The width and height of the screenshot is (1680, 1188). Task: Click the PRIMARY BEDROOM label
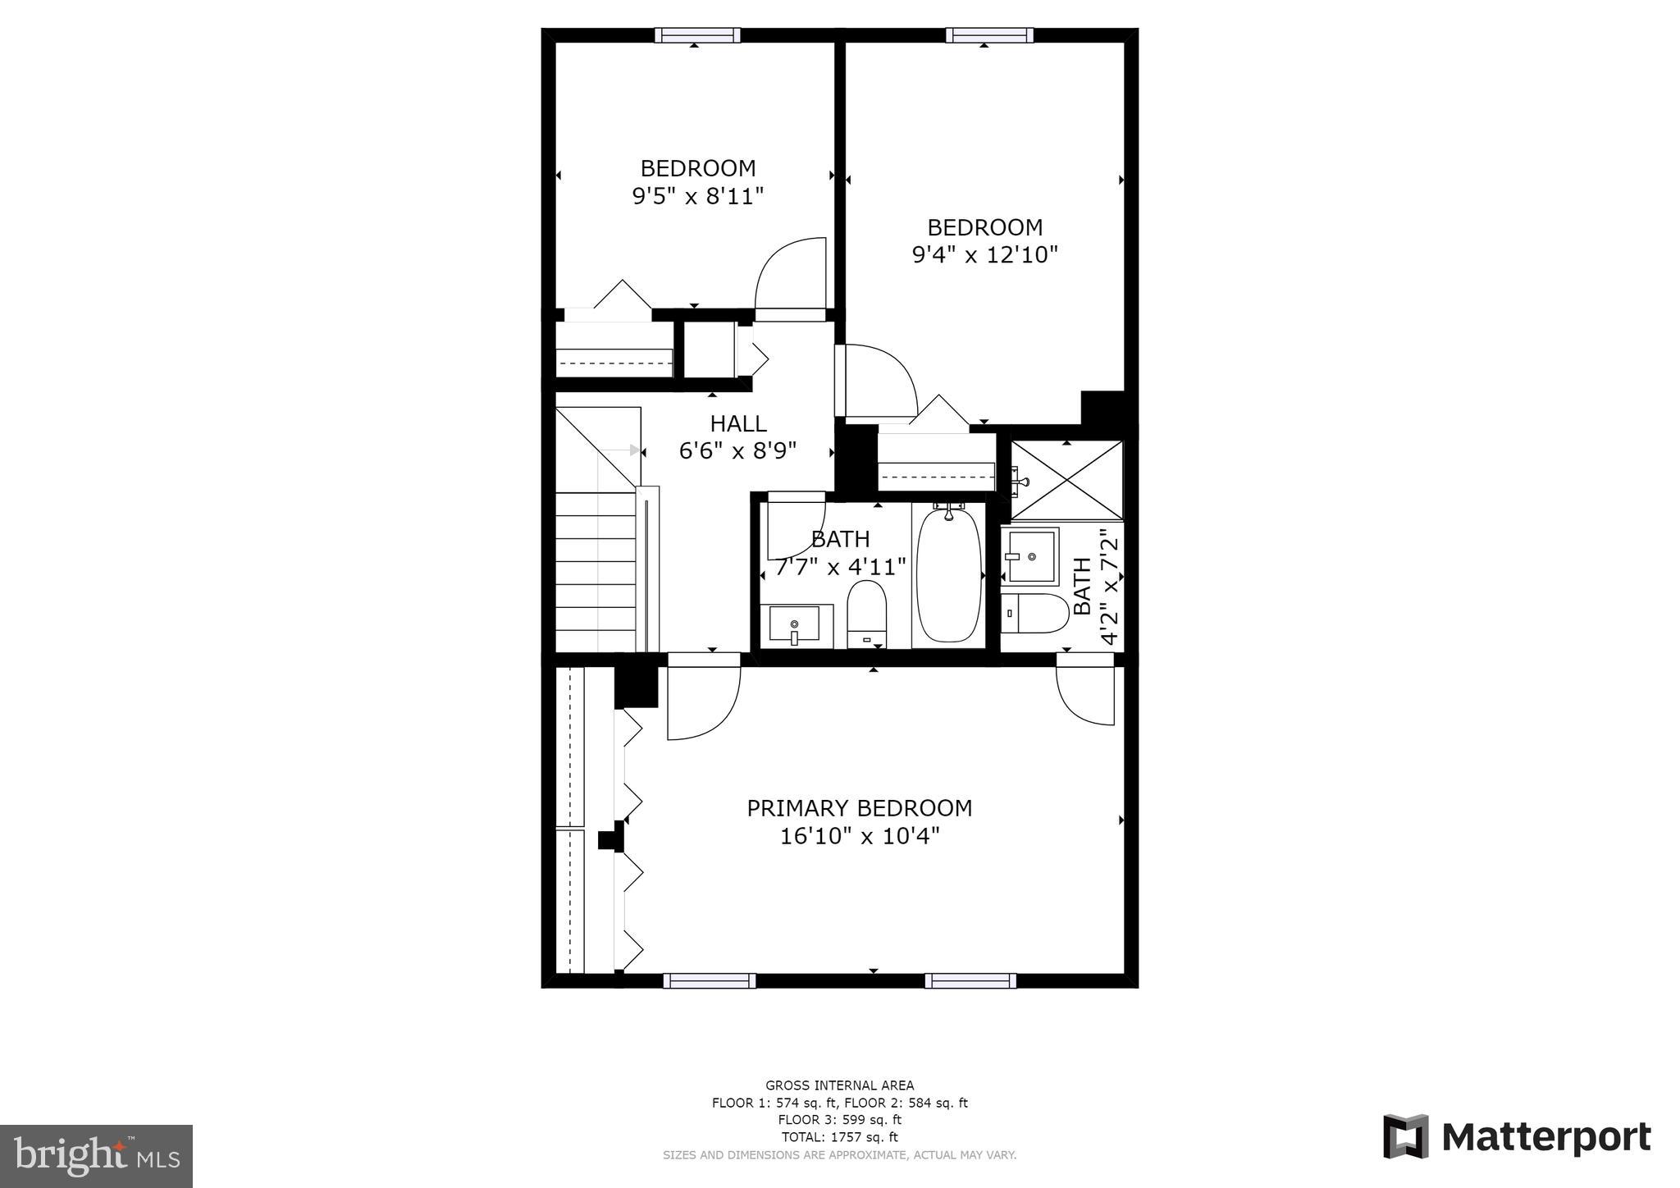859,808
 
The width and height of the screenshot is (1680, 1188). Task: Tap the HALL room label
738,423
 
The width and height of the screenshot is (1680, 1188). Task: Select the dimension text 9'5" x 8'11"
697,196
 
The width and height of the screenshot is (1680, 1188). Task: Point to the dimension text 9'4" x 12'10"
984,255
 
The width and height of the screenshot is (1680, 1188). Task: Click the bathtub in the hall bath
948,574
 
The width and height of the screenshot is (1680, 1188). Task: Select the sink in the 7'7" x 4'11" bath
794,625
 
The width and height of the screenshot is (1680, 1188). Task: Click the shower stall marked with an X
1066,480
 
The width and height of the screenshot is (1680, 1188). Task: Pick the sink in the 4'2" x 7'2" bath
1031,555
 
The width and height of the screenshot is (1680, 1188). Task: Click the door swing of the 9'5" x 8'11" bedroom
788,275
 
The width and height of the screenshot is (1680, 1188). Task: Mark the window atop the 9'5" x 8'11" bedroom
697,35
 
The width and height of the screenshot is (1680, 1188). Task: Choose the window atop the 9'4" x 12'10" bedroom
988,35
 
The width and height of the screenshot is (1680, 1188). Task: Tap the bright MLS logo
96,1156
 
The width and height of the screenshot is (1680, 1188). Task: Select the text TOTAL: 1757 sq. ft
839,1137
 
